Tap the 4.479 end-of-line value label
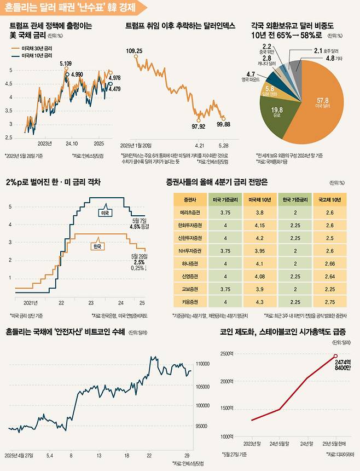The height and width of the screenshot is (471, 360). [x=114, y=89]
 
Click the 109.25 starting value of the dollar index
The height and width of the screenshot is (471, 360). [x=134, y=51]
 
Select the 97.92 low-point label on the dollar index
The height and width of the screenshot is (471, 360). [x=198, y=127]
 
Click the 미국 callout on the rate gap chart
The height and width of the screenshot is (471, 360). [x=102, y=211]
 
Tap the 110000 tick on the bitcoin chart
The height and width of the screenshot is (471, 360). [x=204, y=364]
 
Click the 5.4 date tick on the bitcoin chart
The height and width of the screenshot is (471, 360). [x=49, y=455]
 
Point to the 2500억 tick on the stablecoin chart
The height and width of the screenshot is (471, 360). [x=227, y=354]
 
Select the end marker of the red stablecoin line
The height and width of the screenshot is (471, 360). [x=335, y=356]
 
